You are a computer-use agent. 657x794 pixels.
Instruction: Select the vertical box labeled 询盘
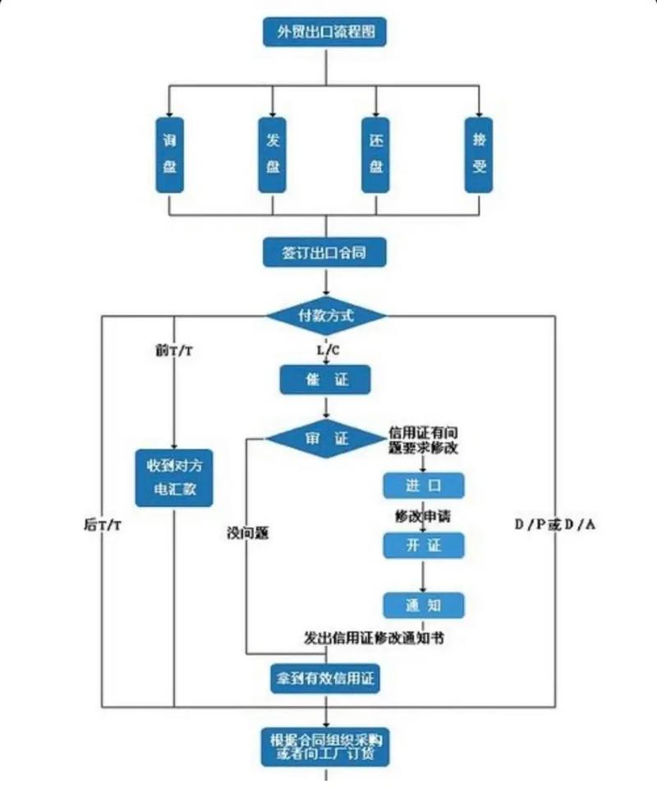click(x=168, y=154)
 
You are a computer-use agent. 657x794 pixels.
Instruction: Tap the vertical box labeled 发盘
click(x=272, y=154)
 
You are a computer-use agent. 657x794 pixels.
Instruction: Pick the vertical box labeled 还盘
click(x=376, y=154)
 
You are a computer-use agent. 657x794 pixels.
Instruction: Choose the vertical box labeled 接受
click(x=480, y=154)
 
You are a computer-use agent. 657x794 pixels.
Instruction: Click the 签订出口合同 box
click(x=325, y=252)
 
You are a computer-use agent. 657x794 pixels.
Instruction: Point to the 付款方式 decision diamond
click(x=326, y=314)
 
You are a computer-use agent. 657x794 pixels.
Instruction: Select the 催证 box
click(x=325, y=379)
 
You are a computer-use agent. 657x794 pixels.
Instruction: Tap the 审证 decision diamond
click(x=326, y=439)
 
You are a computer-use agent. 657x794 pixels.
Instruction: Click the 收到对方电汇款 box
click(x=174, y=478)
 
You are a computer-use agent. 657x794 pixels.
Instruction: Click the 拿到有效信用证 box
click(x=325, y=678)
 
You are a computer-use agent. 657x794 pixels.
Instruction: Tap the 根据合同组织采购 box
click(x=325, y=746)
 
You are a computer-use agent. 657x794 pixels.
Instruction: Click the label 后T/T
click(x=102, y=523)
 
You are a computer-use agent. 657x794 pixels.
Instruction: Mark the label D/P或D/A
click(x=555, y=523)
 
